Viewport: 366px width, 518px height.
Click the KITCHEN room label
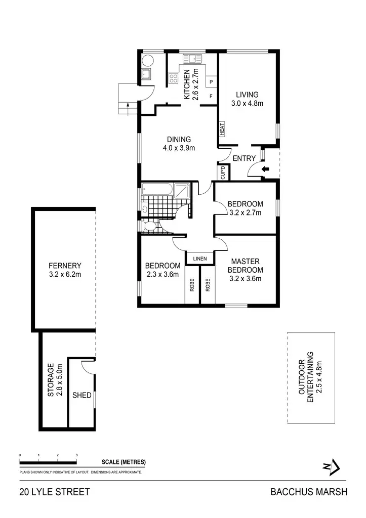pos(186,84)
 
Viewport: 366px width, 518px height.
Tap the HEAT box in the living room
pos(222,129)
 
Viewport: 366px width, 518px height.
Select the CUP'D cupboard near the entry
pos(223,173)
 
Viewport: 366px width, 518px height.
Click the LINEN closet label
pos(200,259)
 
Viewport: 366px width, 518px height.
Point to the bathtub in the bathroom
pos(157,190)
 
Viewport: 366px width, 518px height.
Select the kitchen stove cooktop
pos(173,78)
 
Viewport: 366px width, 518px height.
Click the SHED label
pos(82,395)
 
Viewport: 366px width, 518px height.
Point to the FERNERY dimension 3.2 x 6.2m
pos(65,275)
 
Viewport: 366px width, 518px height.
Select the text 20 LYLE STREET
pos(55,492)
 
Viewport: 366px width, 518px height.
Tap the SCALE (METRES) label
pos(124,462)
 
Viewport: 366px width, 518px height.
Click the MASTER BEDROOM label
pos(246,266)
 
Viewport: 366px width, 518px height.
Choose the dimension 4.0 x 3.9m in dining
pos(179,148)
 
